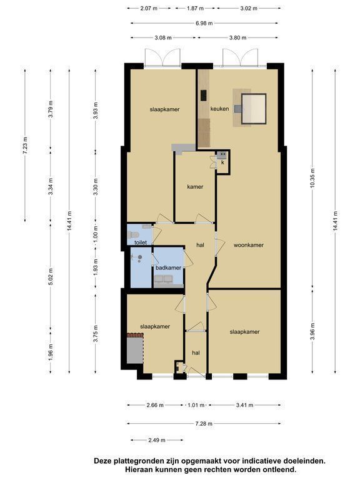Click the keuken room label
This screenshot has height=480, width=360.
pos(219,109)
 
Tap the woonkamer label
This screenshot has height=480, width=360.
pos(248,245)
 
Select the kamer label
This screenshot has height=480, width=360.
pos(195,187)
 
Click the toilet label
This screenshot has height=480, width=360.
pos(141,242)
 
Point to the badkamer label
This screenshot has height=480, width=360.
pos(168,268)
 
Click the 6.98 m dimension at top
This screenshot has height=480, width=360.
pos(204,23)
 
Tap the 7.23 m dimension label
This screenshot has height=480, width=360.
pos(25,145)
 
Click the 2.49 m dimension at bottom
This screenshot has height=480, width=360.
pos(157,440)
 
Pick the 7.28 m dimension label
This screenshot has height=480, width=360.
pos(204,424)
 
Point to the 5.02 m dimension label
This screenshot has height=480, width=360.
pos(51,276)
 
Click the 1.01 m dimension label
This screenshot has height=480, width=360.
pos(196,405)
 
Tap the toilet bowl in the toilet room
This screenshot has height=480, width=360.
pos(134,235)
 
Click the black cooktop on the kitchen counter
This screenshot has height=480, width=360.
pos(203,95)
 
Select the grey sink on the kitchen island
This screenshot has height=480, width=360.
pos(238,108)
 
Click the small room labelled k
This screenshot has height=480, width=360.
pos(223,162)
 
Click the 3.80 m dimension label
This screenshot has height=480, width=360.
pos(238,37)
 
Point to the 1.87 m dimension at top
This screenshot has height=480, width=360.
pos(195,8)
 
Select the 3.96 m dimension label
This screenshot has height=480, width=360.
pos(312,331)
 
